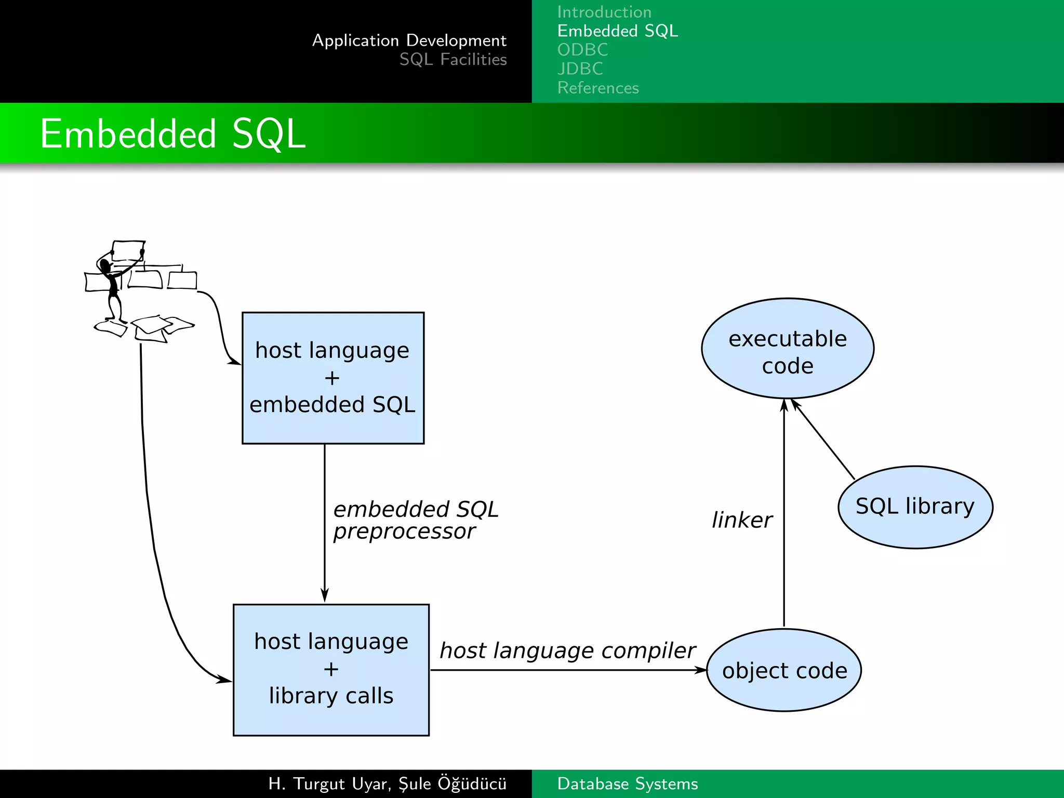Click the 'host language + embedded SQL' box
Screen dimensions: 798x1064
click(332, 378)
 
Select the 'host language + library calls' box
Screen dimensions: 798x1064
click(331, 669)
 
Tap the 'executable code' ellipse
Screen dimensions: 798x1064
click(787, 349)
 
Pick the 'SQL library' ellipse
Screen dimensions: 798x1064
click(915, 507)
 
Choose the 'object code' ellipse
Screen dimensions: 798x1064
click(784, 670)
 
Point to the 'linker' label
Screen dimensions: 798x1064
click(741, 520)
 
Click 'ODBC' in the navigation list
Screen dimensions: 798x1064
click(582, 50)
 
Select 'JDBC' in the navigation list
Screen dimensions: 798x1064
click(580, 69)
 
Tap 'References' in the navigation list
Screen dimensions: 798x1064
click(598, 88)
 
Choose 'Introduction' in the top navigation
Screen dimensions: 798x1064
click(604, 12)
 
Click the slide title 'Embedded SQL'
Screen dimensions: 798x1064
click(173, 134)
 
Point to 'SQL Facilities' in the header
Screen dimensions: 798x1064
click(453, 59)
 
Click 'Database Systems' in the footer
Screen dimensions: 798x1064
click(627, 783)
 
